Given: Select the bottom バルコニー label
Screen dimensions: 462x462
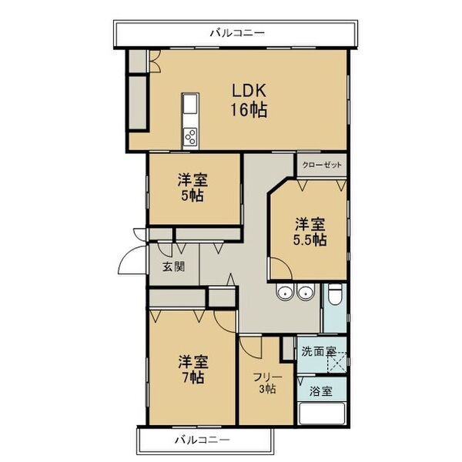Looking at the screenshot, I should point(202,440).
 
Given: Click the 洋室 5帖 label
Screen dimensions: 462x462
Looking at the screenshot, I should point(192,188).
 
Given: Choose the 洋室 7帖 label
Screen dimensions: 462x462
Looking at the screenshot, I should point(192,369).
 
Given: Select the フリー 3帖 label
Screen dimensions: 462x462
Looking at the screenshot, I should point(267,383).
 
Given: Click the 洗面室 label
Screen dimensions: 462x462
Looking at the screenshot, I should point(318,352).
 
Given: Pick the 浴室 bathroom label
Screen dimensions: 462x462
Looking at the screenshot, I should point(322,390).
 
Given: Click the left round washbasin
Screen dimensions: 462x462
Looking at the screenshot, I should point(286,291).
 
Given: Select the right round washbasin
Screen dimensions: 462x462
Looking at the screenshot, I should point(306,291).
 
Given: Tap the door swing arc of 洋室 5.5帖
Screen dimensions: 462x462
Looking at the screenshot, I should point(279,267).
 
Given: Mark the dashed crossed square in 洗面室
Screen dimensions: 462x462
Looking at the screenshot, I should point(337,360).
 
